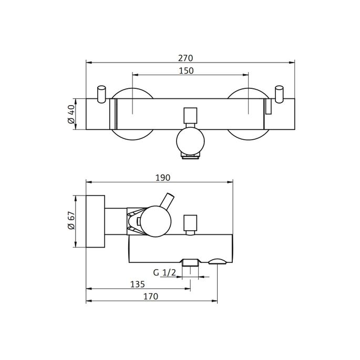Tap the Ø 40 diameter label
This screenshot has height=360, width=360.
70,114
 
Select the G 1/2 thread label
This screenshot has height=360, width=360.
164,272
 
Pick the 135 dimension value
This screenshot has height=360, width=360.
138,284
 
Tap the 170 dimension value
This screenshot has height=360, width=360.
151,296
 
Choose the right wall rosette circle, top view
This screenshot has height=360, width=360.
248,114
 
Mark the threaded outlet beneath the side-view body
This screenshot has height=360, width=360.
190,266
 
